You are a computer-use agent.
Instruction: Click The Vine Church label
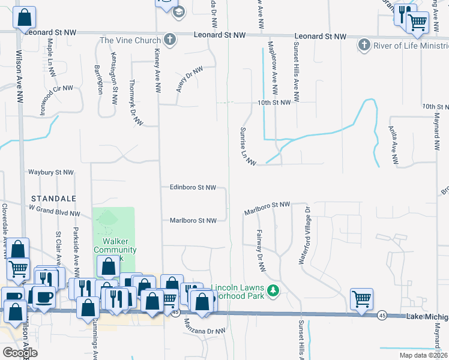click(x=130, y=40)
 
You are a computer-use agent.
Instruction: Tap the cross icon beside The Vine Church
click(x=170, y=40)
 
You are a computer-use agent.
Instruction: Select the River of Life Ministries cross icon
click(x=364, y=45)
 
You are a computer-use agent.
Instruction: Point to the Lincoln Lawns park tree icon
click(x=274, y=290)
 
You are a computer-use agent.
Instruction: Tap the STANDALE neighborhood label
click(x=55, y=198)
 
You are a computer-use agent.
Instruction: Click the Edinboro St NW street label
click(x=192, y=187)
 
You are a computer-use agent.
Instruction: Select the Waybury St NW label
click(x=50, y=172)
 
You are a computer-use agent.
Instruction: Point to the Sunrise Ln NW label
click(x=248, y=146)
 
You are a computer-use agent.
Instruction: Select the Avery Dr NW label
click(x=190, y=79)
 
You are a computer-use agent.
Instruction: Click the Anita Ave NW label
click(x=394, y=149)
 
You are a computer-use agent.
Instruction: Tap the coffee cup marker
click(x=44, y=296)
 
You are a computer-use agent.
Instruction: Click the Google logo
click(x=19, y=353)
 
